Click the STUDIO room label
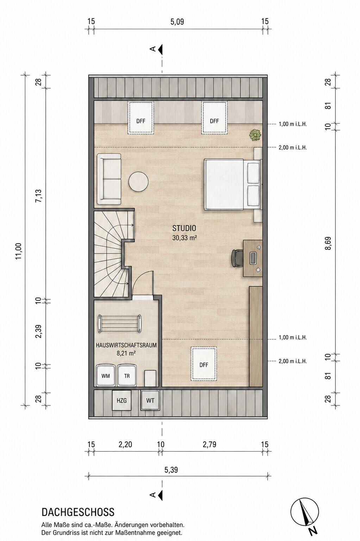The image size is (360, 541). pos(184,228)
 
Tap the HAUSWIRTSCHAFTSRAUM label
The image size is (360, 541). pos(126,345)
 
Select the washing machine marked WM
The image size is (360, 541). pos(106,376)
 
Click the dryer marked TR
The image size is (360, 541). pos(127,376)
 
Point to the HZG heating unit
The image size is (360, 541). pos(121,401)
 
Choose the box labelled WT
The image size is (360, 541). pos(150,401)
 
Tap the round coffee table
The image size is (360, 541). pos(138,181)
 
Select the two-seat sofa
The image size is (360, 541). pos(109,179)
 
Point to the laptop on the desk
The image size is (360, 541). pos(253,258)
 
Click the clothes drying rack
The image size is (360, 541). pos(119,323)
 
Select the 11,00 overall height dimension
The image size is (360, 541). pos(19,251)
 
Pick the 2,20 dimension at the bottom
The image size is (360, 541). pos(125,444)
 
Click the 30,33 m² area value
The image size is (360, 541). pos(184,238)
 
